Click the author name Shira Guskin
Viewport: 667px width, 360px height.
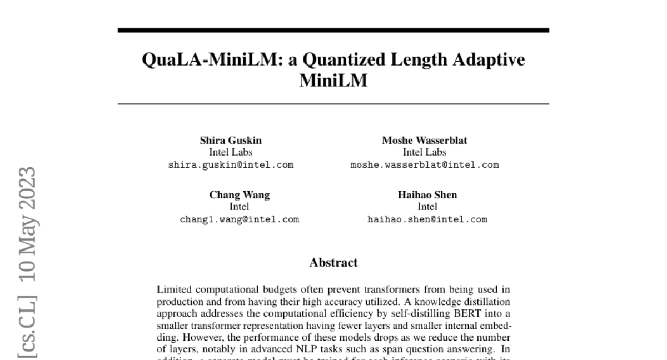pos(231,141)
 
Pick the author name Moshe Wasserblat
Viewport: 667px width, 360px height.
pos(424,141)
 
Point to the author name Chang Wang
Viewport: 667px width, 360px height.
pos(239,195)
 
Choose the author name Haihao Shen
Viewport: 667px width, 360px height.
pos(427,195)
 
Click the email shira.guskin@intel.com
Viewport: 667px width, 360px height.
pos(231,165)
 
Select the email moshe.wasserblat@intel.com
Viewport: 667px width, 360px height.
pos(424,165)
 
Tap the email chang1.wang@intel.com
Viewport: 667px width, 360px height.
pos(239,219)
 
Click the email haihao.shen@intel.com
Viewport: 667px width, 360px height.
pos(427,219)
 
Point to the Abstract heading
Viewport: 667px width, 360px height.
pos(333,262)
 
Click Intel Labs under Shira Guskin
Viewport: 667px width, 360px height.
pos(231,152)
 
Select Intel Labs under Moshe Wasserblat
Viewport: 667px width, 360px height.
pos(424,152)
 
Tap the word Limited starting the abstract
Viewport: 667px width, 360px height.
pos(173,289)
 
